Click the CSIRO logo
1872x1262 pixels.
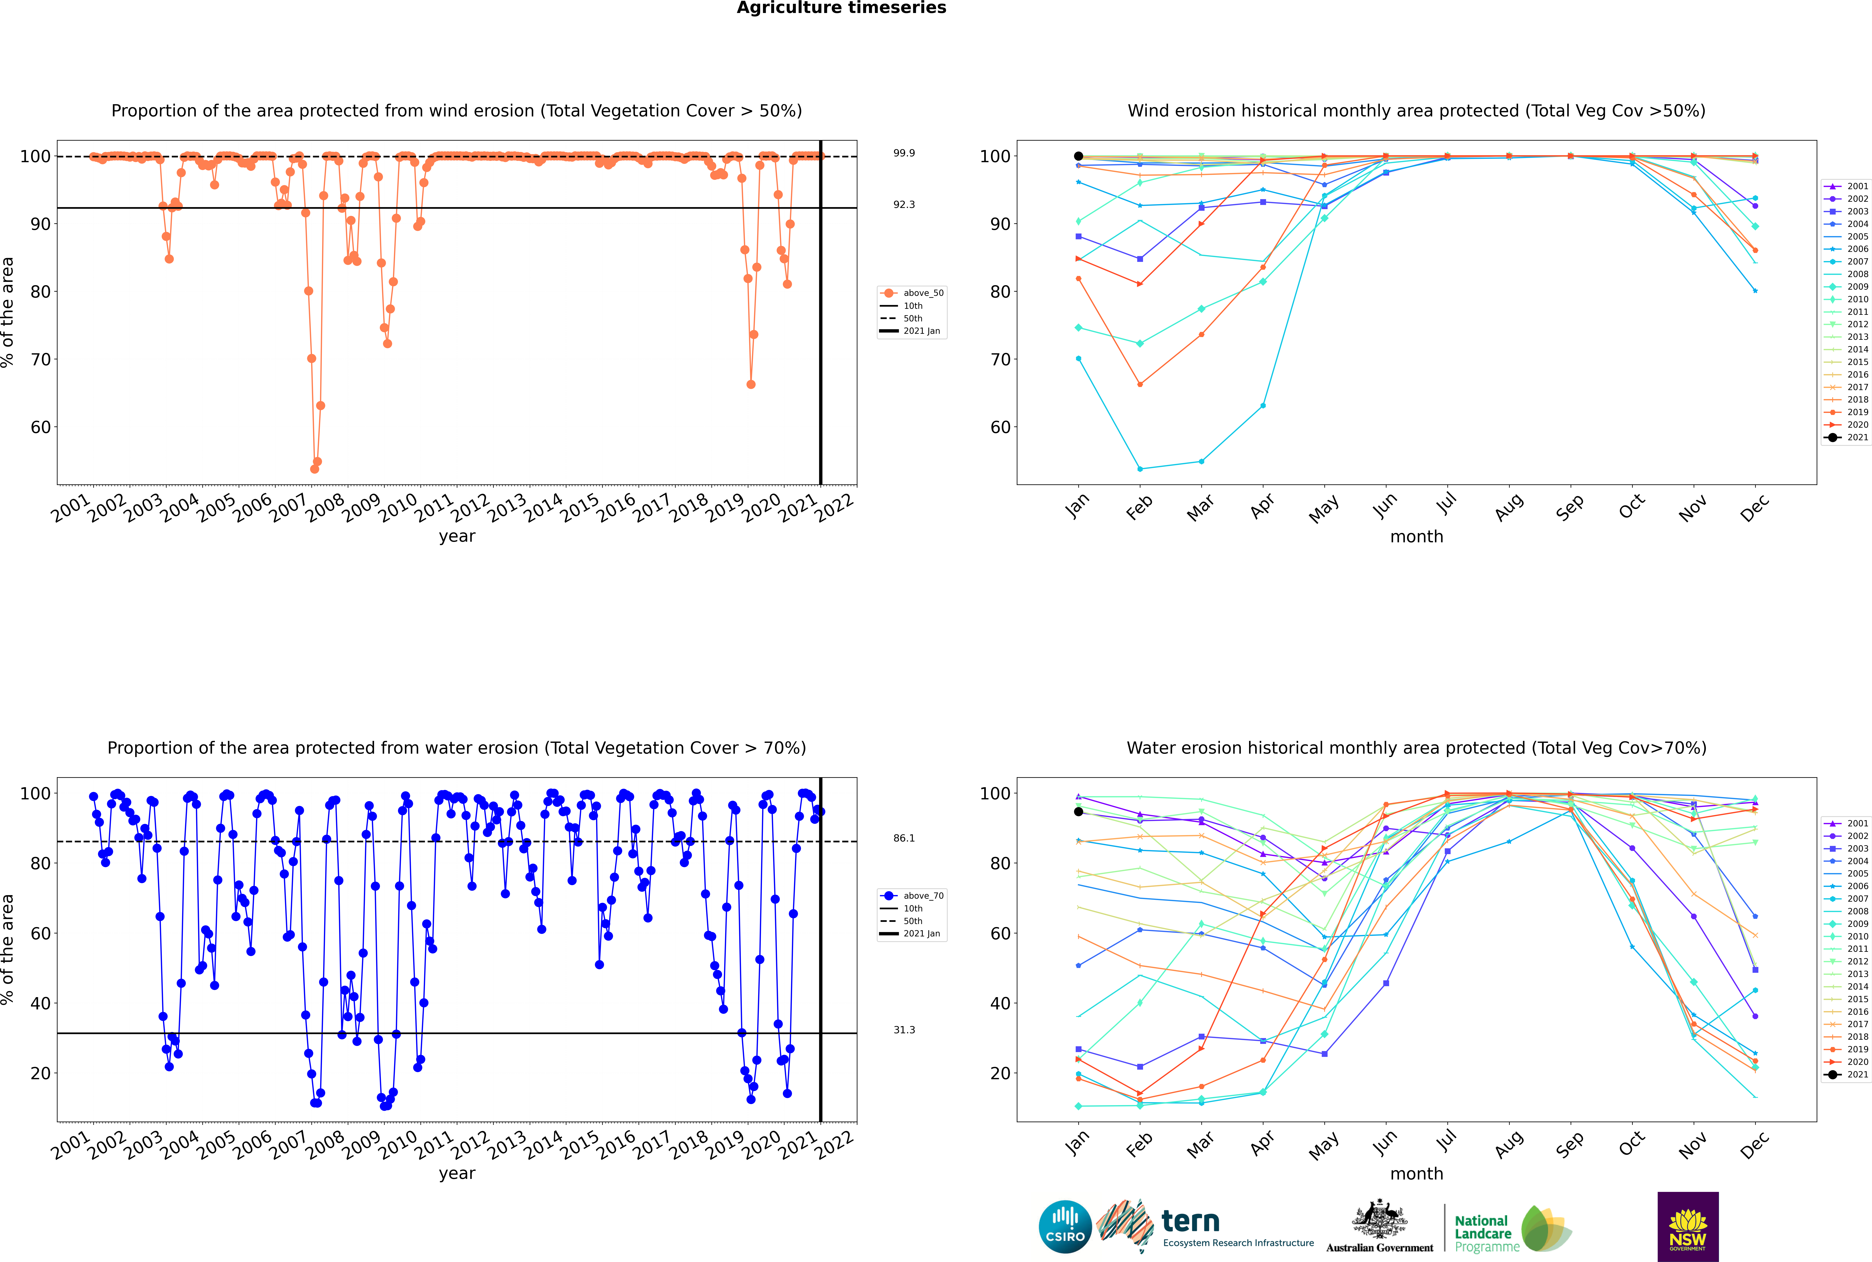point(1065,1227)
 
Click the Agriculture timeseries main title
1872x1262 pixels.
point(841,8)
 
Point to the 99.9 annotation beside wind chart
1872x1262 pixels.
point(904,153)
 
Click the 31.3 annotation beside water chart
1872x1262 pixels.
point(904,1029)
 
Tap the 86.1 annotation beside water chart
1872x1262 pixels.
point(904,838)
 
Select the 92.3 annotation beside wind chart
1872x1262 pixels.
point(904,204)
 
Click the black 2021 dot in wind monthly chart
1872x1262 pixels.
point(1079,156)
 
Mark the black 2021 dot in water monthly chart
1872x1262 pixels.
point(1079,811)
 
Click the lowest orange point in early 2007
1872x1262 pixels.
point(315,469)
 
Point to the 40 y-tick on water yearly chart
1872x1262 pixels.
point(40,1003)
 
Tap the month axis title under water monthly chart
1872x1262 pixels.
point(1416,1174)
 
